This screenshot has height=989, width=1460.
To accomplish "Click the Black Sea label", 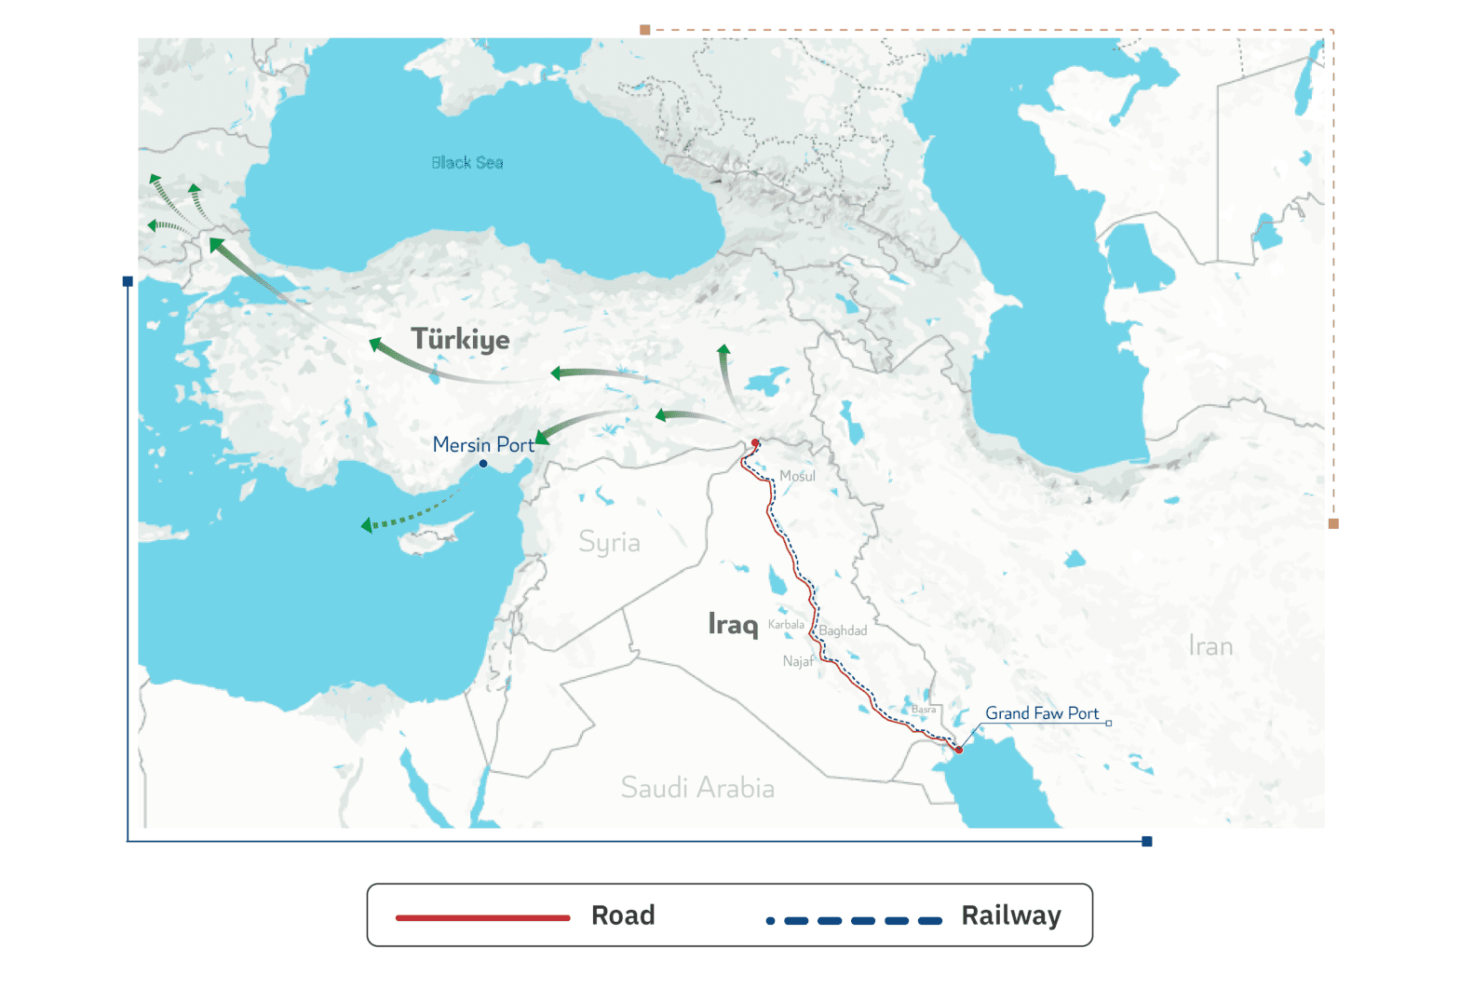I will click(x=466, y=163).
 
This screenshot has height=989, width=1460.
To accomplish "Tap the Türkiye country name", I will click(x=460, y=339).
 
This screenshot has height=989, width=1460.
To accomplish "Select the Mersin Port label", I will click(x=483, y=445).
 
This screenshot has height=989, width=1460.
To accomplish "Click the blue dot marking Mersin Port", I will click(x=483, y=464).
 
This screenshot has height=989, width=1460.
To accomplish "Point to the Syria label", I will click(x=609, y=542).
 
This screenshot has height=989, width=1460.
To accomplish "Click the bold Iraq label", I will click(x=733, y=624).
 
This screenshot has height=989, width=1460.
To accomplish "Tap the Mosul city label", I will click(x=797, y=476).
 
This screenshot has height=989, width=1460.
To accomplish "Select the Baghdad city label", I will click(x=843, y=630).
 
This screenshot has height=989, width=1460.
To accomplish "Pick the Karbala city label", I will click(x=786, y=625).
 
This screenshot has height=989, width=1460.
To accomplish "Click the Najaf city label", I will click(x=797, y=661).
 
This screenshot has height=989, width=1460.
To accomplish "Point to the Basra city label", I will click(x=924, y=710).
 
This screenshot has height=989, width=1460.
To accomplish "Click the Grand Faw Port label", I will click(x=1042, y=713).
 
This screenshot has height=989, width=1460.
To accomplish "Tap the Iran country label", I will click(x=1210, y=646).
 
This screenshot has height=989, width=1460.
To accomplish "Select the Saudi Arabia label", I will click(x=697, y=788).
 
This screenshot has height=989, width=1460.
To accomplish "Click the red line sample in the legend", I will click(x=482, y=917).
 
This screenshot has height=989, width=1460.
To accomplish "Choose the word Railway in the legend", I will click(x=1011, y=916).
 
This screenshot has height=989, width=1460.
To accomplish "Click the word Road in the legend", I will click(x=623, y=916).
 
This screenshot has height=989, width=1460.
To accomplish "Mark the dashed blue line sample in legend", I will click(x=854, y=921).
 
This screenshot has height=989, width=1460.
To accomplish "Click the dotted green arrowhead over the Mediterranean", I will click(x=367, y=525).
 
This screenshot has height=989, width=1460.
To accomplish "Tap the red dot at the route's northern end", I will click(x=755, y=442).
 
